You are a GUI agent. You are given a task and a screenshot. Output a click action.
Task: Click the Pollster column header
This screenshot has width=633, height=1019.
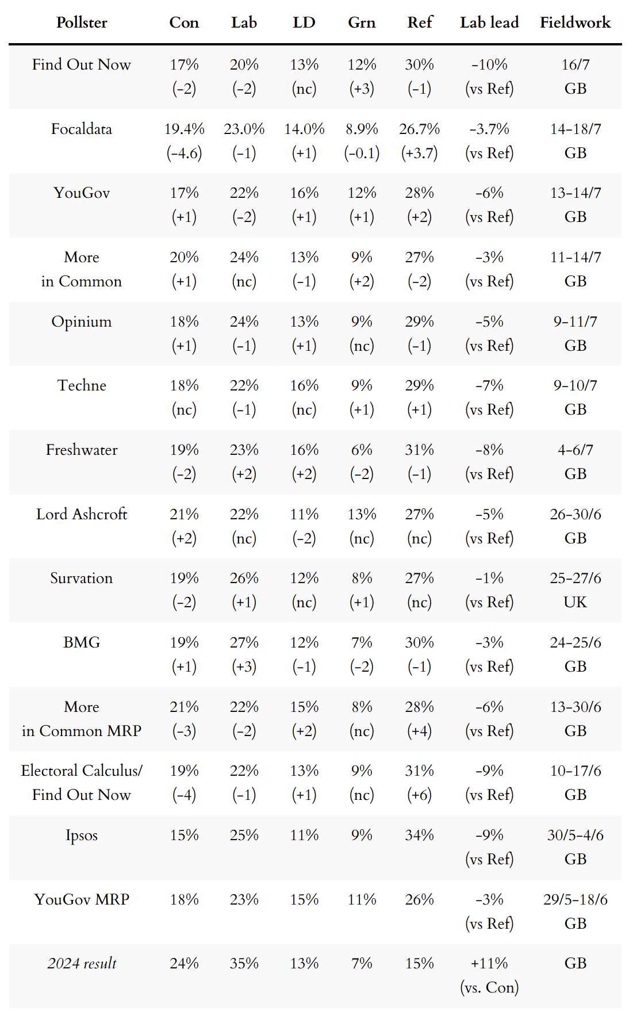coord(82,22)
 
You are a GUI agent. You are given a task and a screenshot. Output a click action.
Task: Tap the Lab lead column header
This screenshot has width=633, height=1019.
coord(489,22)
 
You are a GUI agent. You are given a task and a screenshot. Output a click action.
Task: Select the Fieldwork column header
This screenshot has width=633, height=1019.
coord(575,22)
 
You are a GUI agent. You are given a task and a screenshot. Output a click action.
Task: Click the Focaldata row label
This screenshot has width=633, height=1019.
coord(82,129)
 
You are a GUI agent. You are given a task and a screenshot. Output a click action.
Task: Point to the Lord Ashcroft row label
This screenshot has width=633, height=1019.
coord(82,514)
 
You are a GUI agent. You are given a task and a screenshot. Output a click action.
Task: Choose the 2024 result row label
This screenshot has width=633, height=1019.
coord(82,963)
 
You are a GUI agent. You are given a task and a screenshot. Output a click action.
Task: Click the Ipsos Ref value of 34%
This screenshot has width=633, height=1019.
coord(419,835)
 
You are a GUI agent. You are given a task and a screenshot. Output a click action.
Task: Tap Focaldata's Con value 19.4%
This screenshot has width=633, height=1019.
coord(184,129)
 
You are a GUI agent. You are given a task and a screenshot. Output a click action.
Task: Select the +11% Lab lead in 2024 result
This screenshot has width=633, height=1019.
coord(489,963)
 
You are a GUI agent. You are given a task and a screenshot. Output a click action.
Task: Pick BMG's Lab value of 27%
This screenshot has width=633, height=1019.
coord(244,642)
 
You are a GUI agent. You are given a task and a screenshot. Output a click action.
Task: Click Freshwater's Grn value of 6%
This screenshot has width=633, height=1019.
coord(362,450)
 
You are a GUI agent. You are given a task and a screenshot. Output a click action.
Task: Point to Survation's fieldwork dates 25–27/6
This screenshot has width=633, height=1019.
coord(575,578)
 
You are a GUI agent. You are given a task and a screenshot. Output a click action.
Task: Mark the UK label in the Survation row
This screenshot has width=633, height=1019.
coord(575,602)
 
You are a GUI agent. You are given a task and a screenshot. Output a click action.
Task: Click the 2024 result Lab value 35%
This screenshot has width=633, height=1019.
coord(244,963)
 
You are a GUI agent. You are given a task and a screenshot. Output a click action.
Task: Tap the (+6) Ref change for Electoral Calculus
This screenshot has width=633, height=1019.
coord(419,795)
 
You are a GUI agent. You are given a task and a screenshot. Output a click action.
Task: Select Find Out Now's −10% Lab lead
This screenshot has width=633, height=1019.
coord(489,64)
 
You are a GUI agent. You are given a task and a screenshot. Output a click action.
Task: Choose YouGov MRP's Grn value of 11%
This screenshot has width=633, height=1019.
coord(362,899)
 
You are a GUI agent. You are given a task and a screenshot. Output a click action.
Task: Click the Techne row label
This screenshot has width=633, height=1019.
coord(82,385)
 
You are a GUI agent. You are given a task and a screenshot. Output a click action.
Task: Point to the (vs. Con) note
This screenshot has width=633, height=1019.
coord(489,987)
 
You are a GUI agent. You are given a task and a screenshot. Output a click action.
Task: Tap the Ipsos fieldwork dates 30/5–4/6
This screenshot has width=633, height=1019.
coord(575,835)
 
